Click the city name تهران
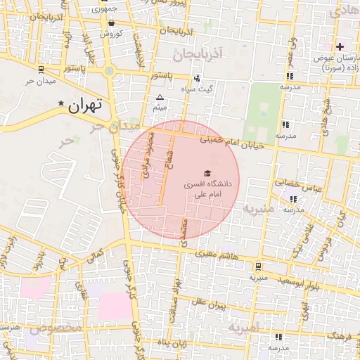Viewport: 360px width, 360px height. (x=85, y=106)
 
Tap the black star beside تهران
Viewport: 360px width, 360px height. (x=60, y=105)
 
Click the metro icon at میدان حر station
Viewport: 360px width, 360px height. (x=40, y=69)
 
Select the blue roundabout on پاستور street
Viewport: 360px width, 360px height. (x=108, y=70)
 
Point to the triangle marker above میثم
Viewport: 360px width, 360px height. (x=160, y=97)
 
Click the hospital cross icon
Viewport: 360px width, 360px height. (x=340, y=46)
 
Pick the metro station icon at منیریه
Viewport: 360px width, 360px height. (x=259, y=266)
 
